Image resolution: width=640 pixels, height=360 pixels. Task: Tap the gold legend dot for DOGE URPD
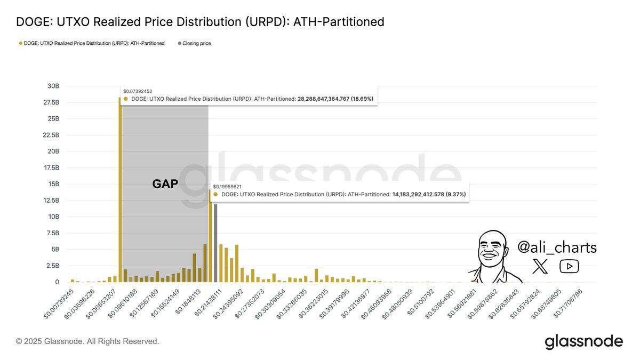pyautogui.click(x=21, y=43)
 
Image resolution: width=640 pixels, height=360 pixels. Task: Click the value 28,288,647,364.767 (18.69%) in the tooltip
pyautogui.click(x=335, y=99)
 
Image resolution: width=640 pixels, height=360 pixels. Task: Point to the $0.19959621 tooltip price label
pyautogui.click(x=227, y=187)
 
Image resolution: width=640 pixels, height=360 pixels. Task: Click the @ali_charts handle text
pyautogui.click(x=557, y=247)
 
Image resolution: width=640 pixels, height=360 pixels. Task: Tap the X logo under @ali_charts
pyautogui.click(x=540, y=266)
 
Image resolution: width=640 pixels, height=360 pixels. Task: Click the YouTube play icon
pyautogui.click(x=569, y=266)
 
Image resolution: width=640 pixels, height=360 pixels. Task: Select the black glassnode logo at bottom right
pyautogui.click(x=583, y=341)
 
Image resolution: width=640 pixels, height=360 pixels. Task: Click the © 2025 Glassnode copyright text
pyautogui.click(x=87, y=341)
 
